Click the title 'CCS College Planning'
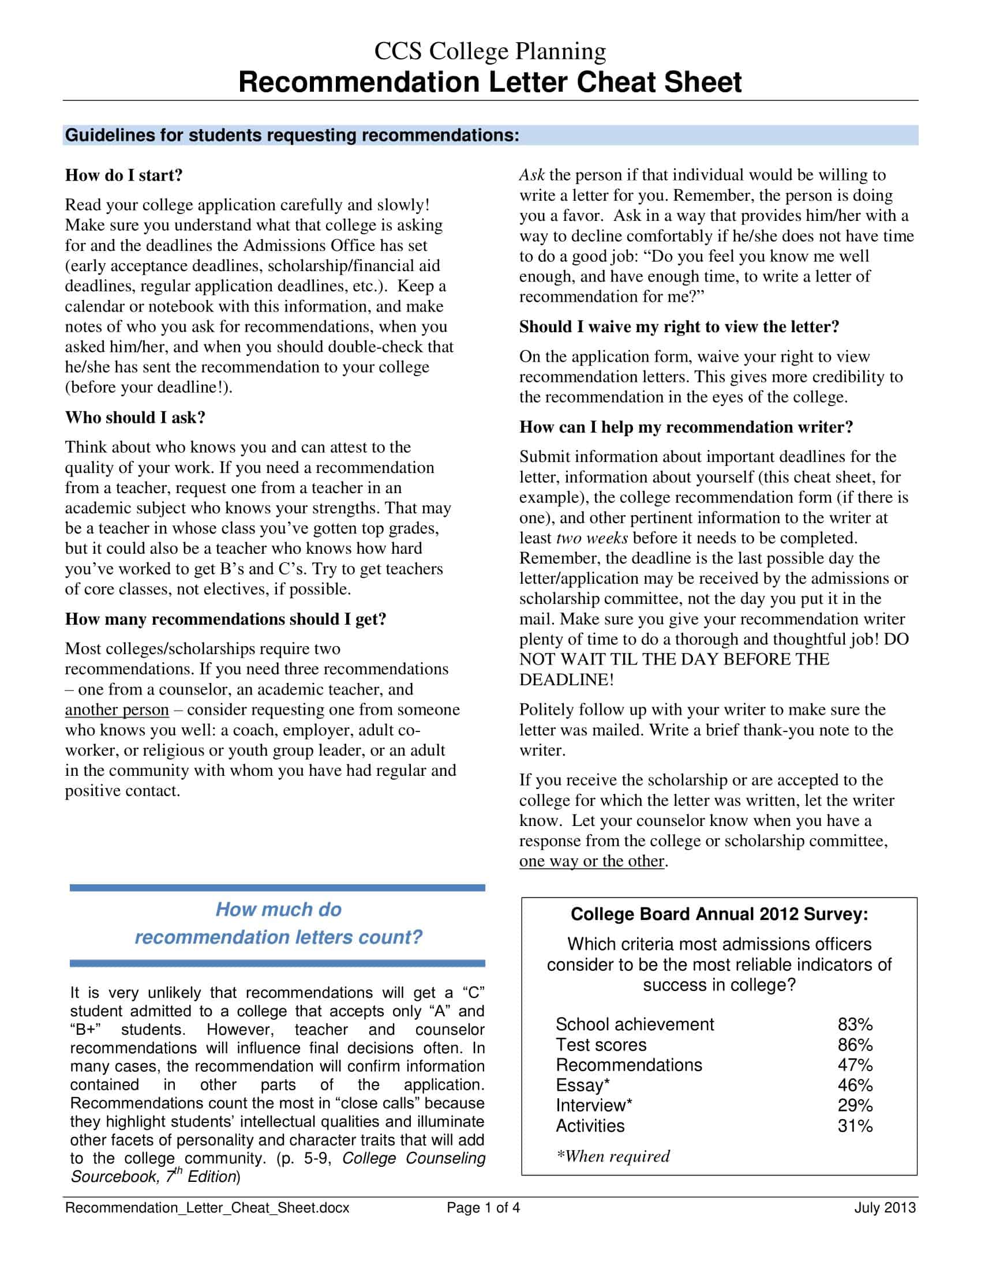pyautogui.click(x=490, y=51)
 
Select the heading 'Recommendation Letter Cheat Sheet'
pyautogui.click(x=490, y=82)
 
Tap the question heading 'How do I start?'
pyautogui.click(x=124, y=175)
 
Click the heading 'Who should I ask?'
pyautogui.click(x=136, y=417)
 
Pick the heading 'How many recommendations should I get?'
pyautogui.click(x=226, y=619)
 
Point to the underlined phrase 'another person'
pyautogui.click(x=117, y=709)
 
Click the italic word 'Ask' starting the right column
pyautogui.click(x=531, y=175)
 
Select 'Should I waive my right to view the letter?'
pyautogui.click(x=679, y=326)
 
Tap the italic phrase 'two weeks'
pyautogui.click(x=591, y=538)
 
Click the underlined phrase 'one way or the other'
pyautogui.click(x=591, y=861)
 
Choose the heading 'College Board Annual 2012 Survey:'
pyautogui.click(x=720, y=914)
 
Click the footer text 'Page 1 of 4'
pyautogui.click(x=483, y=1208)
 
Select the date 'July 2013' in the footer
pyautogui.click(x=885, y=1208)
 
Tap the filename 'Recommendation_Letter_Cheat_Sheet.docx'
pyautogui.click(x=208, y=1208)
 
